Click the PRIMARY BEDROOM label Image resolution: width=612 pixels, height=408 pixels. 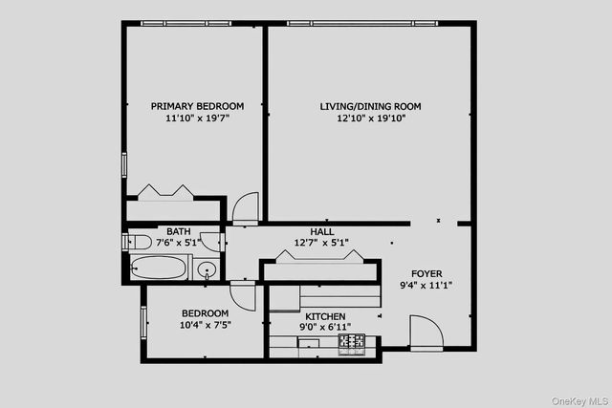pyautogui.click(x=197, y=106)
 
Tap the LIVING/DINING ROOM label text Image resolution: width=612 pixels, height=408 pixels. pyautogui.click(x=370, y=106)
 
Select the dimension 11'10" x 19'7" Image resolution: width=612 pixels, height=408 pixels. pyautogui.click(x=197, y=119)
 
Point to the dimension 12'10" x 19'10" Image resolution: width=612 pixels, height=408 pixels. pyautogui.click(x=370, y=119)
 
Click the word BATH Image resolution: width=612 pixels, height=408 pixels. pyautogui.click(x=178, y=231)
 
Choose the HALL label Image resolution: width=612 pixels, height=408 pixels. pyautogui.click(x=321, y=231)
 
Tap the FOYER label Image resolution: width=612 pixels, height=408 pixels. pyautogui.click(x=426, y=273)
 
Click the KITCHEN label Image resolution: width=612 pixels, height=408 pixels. pyautogui.click(x=325, y=316)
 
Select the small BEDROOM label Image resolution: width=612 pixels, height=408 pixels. pyautogui.click(x=206, y=313)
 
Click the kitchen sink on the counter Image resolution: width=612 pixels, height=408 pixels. pyautogui.click(x=308, y=342)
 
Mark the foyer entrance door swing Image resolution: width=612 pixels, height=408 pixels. pyautogui.click(x=425, y=334)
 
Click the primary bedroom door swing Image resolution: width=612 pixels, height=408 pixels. pyautogui.click(x=245, y=207)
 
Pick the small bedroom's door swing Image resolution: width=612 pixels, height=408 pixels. pyautogui.click(x=243, y=295)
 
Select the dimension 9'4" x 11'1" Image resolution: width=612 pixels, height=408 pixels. pyautogui.click(x=426, y=285)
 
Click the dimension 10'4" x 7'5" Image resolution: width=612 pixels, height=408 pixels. pyautogui.click(x=206, y=326)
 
